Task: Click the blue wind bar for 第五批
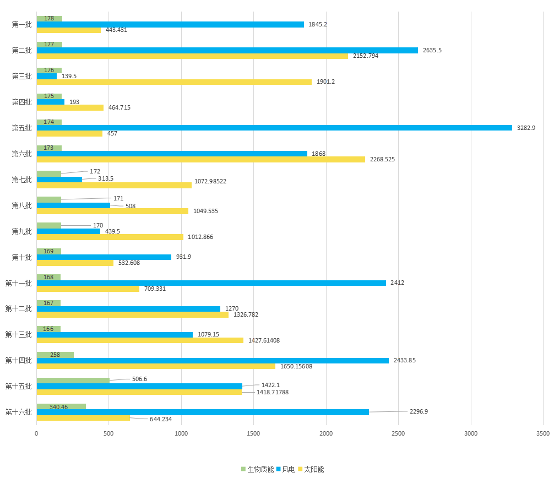point(274,128)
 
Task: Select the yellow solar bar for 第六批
point(200,159)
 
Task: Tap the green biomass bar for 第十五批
point(73,381)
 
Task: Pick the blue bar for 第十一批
point(211,283)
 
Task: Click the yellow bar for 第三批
point(174,82)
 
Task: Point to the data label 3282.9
point(525,128)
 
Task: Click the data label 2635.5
point(432,50)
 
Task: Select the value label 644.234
point(161,419)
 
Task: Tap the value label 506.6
point(139,379)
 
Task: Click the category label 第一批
point(21,24)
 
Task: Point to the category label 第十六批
point(19,412)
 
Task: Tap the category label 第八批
point(21,205)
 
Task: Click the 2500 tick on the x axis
point(398,434)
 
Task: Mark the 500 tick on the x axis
point(108,434)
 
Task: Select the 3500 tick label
point(542,434)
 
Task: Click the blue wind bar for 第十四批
point(213,361)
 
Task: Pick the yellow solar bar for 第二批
point(192,56)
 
